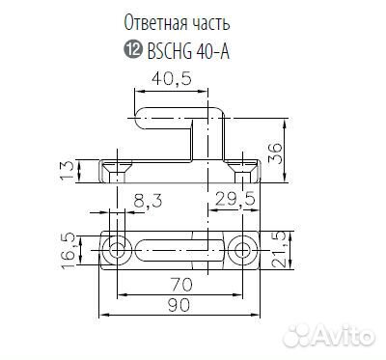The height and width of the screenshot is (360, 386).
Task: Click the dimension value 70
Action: [x=176, y=286]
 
